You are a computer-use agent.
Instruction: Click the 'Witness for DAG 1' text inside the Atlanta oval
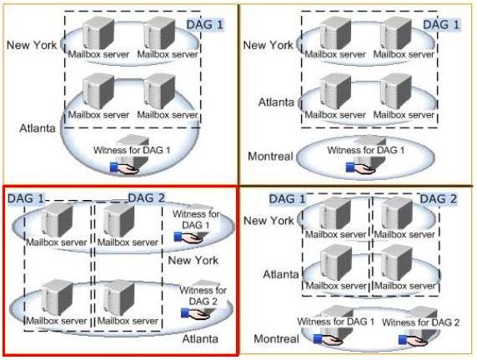[132, 150]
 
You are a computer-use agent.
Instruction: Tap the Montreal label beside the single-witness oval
[270, 157]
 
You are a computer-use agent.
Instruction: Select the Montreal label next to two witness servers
[276, 338]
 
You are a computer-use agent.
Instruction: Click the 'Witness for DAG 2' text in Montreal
[420, 322]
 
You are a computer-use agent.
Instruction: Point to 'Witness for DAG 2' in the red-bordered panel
[203, 296]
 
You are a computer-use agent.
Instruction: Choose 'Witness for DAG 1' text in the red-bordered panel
[196, 219]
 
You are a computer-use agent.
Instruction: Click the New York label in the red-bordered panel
[193, 260]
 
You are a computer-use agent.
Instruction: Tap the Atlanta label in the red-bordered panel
[200, 339]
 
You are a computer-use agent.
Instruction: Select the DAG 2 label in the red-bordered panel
[146, 198]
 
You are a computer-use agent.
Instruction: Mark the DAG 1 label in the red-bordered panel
[26, 198]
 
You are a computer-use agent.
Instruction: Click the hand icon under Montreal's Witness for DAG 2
[413, 340]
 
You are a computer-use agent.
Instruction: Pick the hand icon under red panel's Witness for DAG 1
[188, 237]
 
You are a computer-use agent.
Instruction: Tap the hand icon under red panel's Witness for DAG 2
[195, 314]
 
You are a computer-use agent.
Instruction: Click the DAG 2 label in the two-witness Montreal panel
[439, 199]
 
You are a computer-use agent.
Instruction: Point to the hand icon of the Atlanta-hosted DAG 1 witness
[124, 168]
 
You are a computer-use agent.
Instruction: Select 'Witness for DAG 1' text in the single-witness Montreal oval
[365, 150]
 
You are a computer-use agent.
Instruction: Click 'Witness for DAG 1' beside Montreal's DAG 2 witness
[336, 322]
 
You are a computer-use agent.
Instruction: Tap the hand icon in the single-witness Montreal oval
[361, 168]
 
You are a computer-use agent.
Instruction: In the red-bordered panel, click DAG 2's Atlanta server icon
[119, 298]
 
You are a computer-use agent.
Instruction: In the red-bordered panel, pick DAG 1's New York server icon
[58, 220]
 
